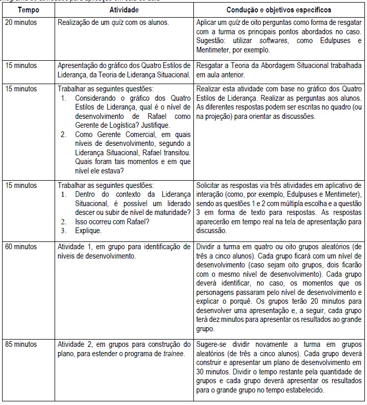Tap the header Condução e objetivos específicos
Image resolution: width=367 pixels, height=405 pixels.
(279, 10)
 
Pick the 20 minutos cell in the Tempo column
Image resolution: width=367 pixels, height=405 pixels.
(21, 23)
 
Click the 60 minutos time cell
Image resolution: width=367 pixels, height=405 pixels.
(21, 246)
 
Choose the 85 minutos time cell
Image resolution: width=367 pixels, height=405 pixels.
(21, 344)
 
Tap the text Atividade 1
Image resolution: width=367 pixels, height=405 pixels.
(75, 246)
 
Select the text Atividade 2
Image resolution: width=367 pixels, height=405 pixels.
(75, 344)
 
